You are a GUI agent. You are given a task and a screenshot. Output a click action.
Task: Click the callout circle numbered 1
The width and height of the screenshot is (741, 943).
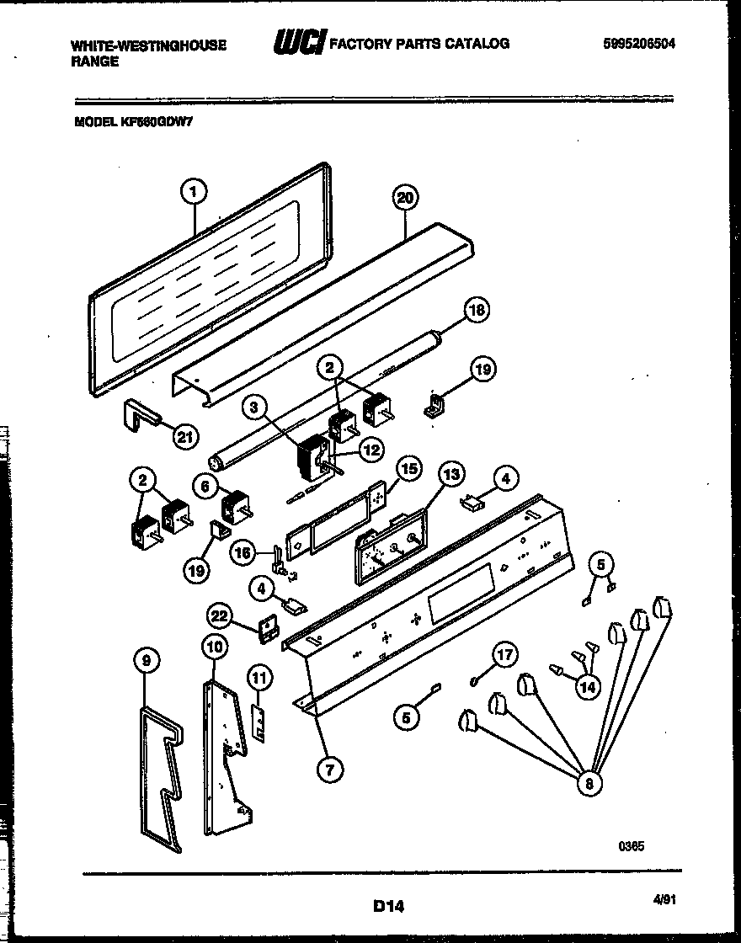click(x=193, y=192)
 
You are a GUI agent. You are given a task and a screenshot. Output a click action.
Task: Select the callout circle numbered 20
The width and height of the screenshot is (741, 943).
click(x=405, y=198)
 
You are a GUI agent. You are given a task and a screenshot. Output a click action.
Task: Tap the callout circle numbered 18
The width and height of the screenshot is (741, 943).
click(x=477, y=309)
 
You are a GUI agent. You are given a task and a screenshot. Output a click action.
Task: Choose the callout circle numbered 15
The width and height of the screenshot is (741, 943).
click(x=408, y=468)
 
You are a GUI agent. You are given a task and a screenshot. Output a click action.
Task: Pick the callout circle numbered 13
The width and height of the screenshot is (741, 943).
click(x=451, y=475)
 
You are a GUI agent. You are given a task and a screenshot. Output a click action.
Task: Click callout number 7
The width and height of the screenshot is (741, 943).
click(x=330, y=768)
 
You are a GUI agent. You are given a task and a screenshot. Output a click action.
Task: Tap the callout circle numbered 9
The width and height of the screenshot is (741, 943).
click(x=147, y=662)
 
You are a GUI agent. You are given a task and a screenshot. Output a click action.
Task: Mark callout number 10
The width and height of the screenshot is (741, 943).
click(x=214, y=646)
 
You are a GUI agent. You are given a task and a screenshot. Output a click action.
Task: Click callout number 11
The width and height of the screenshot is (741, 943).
click(x=259, y=676)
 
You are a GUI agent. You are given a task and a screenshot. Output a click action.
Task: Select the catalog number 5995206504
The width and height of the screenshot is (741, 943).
click(x=640, y=44)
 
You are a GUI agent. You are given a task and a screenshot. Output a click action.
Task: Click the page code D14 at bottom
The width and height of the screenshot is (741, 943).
click(x=388, y=907)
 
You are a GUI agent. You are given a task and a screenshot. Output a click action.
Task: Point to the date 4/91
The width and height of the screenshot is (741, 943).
click(x=664, y=899)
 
